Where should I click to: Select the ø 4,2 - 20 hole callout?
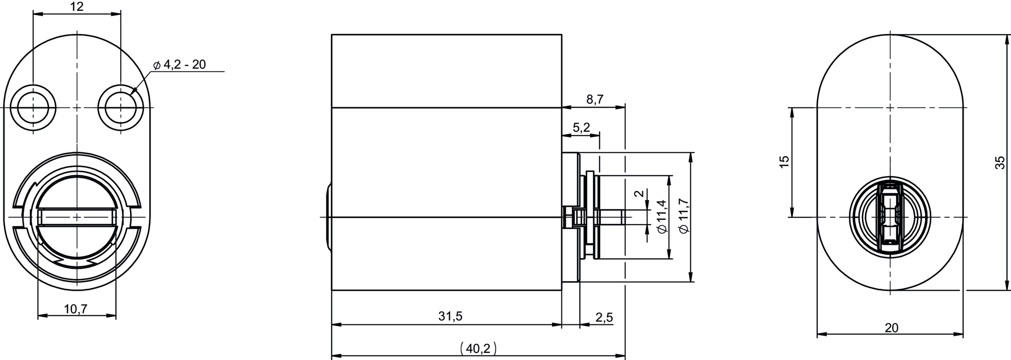click(x=179, y=64)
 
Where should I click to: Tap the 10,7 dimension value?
click(x=76, y=309)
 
